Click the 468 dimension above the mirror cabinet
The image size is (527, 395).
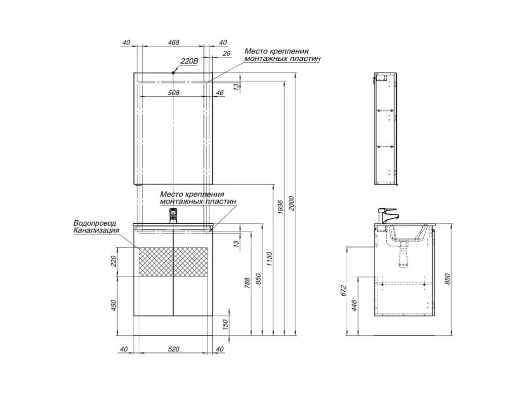click(173, 42)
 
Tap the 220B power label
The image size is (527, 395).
click(189, 61)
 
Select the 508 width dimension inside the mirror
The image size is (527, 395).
click(173, 92)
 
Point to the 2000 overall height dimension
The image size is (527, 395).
click(291, 203)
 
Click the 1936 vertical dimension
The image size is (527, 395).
click(281, 206)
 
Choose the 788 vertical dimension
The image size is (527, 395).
click(247, 283)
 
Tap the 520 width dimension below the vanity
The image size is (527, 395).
click(173, 349)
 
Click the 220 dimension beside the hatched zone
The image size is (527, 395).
click(113, 261)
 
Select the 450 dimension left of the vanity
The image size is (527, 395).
click(113, 305)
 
